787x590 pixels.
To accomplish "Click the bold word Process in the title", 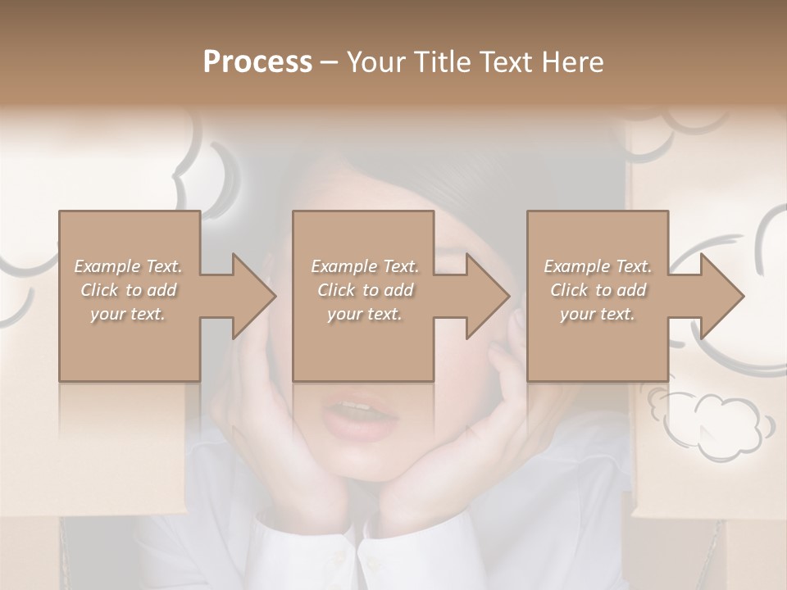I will tap(257, 62).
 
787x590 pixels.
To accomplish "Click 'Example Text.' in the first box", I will tap(129, 266).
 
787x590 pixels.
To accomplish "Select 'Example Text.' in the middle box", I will tap(365, 266).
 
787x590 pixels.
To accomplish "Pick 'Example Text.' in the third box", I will tap(598, 266).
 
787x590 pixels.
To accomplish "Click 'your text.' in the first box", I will tap(129, 314).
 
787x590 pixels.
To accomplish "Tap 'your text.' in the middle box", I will tap(365, 314).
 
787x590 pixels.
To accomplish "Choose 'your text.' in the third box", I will tap(598, 314).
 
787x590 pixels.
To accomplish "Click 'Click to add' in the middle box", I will tap(365, 290).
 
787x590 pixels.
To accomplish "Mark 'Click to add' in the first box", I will tap(129, 290).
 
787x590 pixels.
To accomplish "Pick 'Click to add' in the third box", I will tap(598, 290).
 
